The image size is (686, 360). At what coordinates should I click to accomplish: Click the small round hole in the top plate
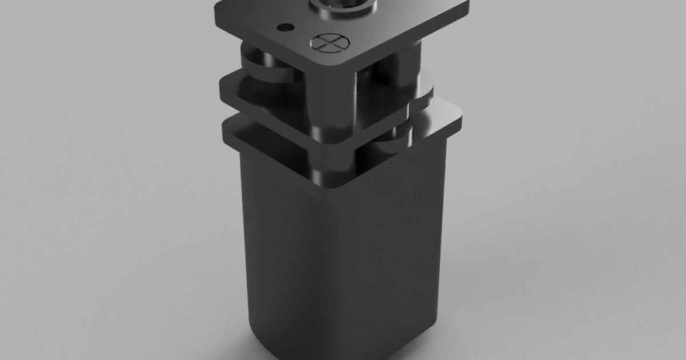[284, 27]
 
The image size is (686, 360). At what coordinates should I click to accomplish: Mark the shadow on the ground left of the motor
[229, 320]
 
